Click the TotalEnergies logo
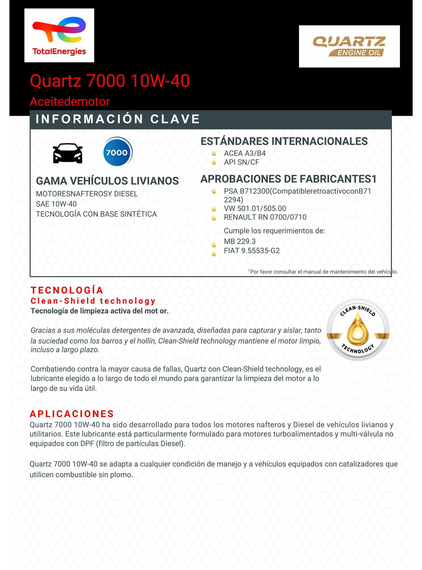click(x=59, y=35)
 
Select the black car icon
click(x=68, y=153)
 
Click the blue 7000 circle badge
click(x=117, y=152)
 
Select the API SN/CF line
click(x=241, y=162)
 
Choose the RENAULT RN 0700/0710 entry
click(x=265, y=217)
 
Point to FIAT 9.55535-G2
click(x=252, y=251)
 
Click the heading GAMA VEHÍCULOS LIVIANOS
click(x=107, y=181)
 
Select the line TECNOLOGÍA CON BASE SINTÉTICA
click(x=96, y=214)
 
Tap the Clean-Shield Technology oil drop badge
click(x=358, y=329)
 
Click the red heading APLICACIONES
click(x=72, y=414)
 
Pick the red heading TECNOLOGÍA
click(x=67, y=290)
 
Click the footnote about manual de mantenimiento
click(x=323, y=272)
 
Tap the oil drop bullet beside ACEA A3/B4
click(x=214, y=154)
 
